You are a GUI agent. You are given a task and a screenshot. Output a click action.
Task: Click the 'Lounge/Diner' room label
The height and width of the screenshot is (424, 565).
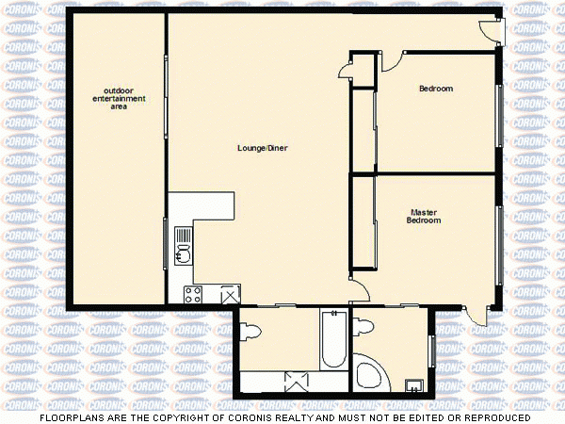(263, 148)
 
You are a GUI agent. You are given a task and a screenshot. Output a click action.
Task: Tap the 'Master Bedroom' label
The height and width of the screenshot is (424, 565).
(424, 216)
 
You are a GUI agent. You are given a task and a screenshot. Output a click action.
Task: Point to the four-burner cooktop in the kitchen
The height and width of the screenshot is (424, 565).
(193, 293)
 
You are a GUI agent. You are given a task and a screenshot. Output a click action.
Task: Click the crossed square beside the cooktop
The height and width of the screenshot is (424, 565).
(230, 295)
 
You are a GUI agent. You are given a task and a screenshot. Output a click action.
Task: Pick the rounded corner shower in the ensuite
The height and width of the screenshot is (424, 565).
(370, 372)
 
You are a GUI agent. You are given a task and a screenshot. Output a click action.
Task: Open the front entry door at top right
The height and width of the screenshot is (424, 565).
(492, 29)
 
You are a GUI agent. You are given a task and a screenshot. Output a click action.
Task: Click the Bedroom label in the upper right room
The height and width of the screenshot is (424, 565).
(435, 89)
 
